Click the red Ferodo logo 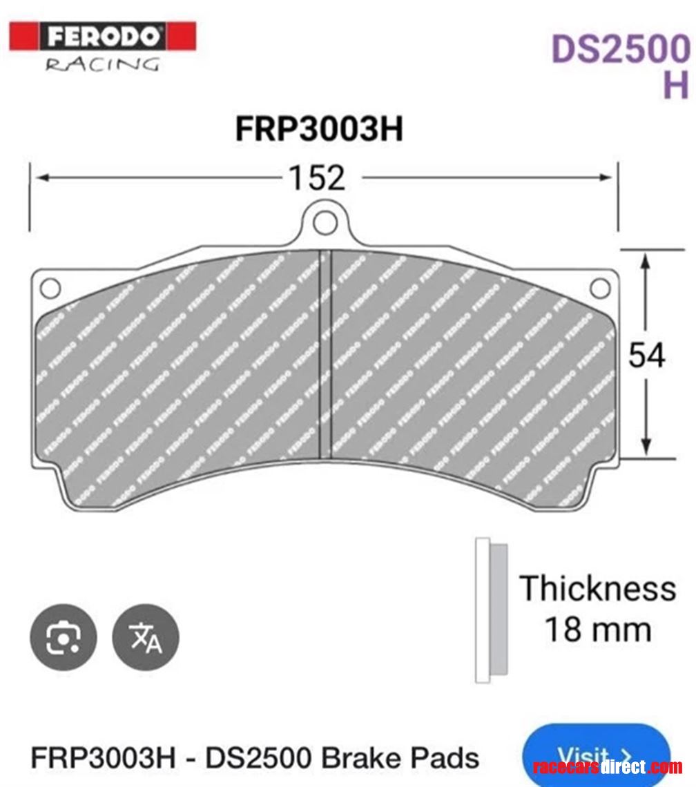pyautogui.click(x=103, y=37)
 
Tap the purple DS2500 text pyautogui.click(x=619, y=50)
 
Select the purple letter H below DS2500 pyautogui.click(x=675, y=85)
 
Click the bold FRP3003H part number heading pyautogui.click(x=319, y=129)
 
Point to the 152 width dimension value pyautogui.click(x=316, y=179)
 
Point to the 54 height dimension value pyautogui.click(x=647, y=356)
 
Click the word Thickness pyautogui.click(x=597, y=588)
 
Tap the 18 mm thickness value pyautogui.click(x=597, y=630)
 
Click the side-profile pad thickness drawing pyautogui.click(x=491, y=610)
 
